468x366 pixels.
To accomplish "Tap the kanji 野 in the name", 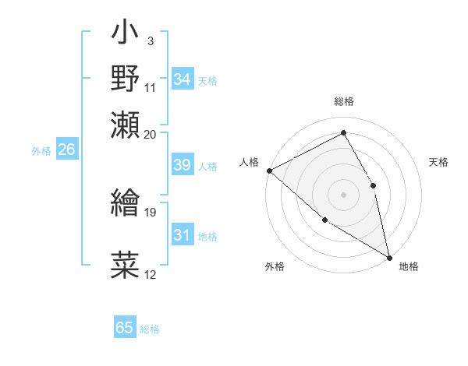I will [126, 79].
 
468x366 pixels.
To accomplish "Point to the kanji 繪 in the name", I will [126, 204].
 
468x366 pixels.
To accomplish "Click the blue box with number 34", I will [182, 79].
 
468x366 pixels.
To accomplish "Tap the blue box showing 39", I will [182, 165].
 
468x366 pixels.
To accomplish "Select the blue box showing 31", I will [182, 235].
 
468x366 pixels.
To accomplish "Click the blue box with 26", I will [66, 150].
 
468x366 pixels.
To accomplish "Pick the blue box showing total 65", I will [125, 328].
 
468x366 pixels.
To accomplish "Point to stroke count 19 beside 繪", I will [151, 211].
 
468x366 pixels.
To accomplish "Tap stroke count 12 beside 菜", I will [151, 275].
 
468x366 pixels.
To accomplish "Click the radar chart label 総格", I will [343, 101].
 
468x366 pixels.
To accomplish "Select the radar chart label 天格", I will [439, 162].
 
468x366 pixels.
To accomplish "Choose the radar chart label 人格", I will [249, 162].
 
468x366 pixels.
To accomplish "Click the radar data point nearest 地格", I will [389, 257].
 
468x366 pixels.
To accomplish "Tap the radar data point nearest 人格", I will [269, 171].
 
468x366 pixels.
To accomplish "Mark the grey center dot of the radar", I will [343, 194].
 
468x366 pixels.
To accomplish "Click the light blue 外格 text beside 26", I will [41, 151].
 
